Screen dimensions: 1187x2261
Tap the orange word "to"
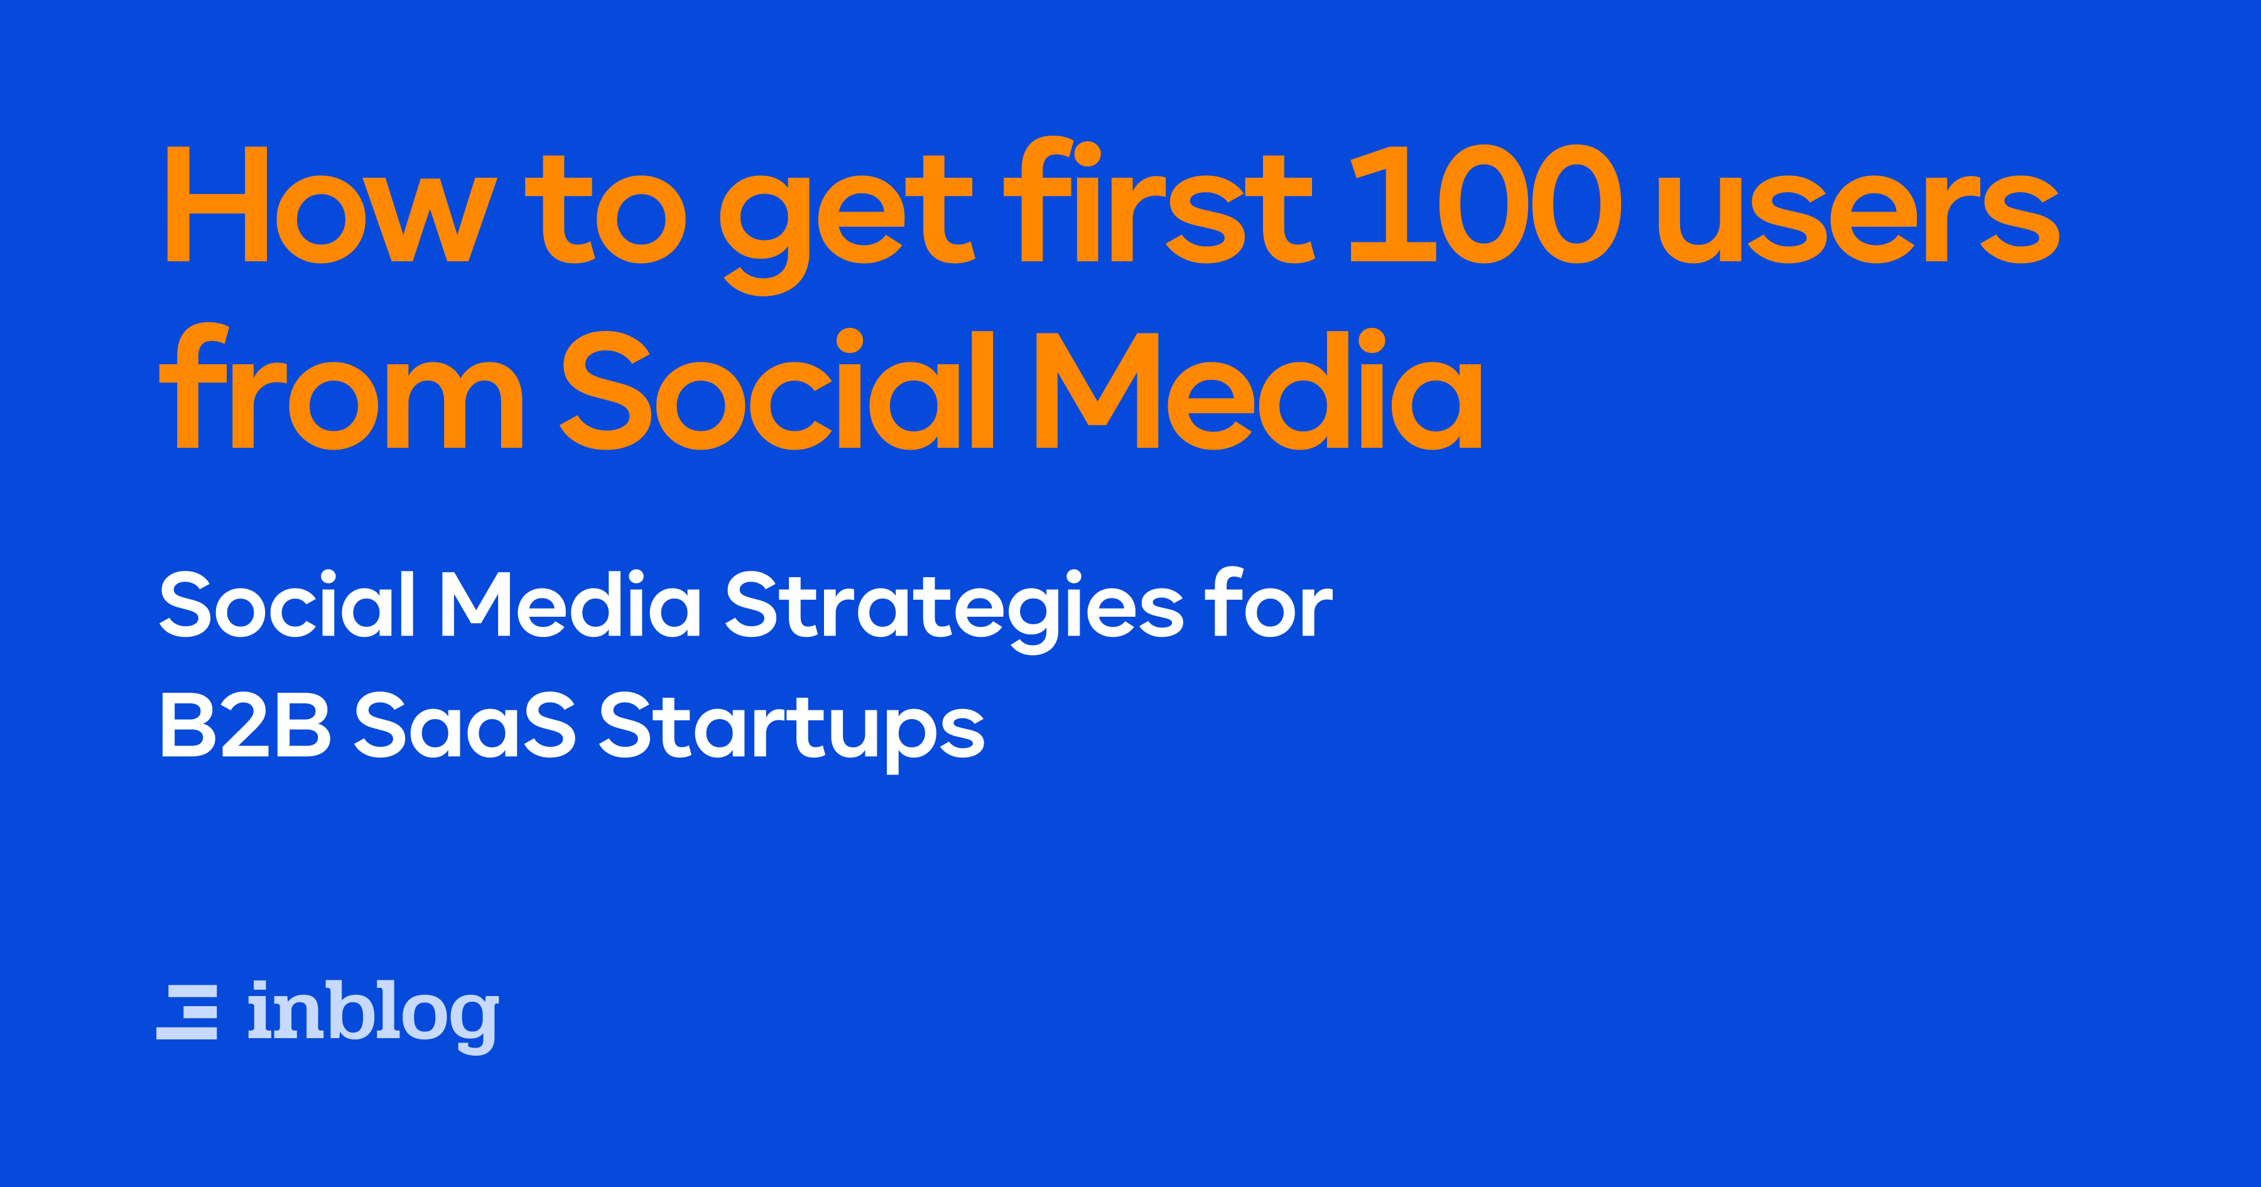(x=605, y=211)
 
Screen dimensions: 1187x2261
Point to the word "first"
(x=1159, y=202)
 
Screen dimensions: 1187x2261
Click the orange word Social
(x=777, y=390)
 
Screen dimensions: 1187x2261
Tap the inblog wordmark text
(x=373, y=1014)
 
